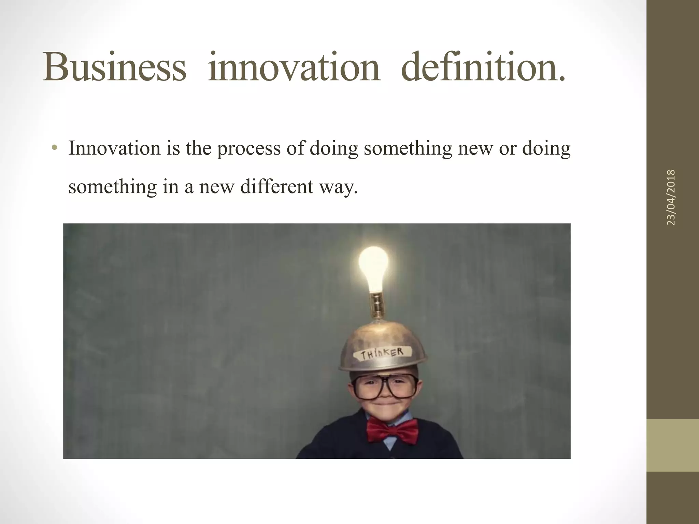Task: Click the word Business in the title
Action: point(114,67)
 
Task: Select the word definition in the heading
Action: point(483,67)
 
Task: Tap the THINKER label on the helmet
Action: point(382,353)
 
